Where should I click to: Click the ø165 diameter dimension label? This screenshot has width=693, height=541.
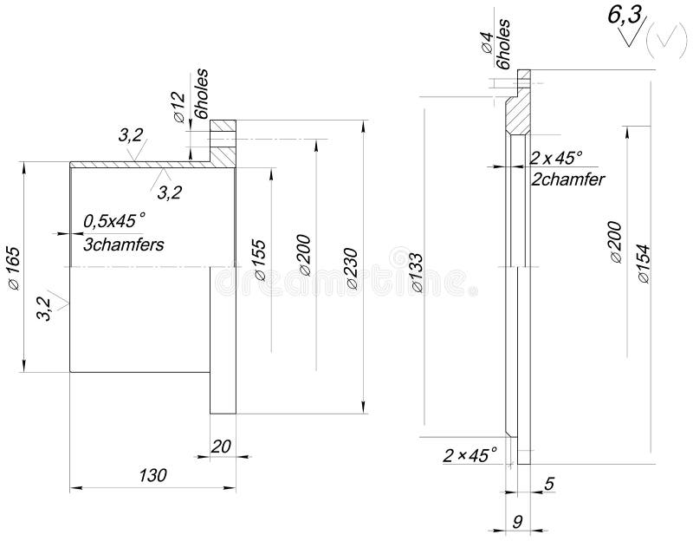[x=14, y=268]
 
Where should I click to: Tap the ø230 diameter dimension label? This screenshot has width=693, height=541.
[x=353, y=269]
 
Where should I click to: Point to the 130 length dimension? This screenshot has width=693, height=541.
[x=153, y=475]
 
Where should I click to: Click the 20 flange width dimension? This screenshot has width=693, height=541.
[x=221, y=446]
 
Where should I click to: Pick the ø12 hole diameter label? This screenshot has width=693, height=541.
[x=178, y=107]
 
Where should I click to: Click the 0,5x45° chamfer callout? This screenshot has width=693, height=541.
[x=114, y=221]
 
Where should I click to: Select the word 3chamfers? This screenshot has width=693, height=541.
[x=124, y=244]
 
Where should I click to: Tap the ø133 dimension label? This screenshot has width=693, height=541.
[x=418, y=272]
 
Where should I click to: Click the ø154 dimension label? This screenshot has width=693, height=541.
[x=644, y=264]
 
